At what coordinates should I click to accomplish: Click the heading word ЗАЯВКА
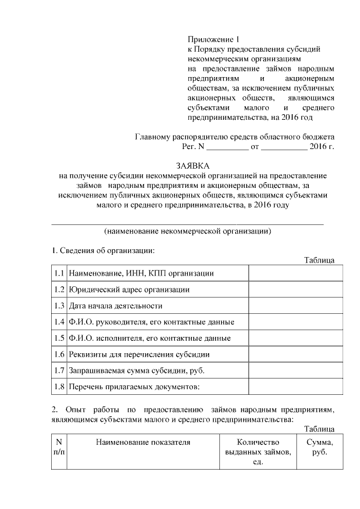pyautogui.click(x=193, y=166)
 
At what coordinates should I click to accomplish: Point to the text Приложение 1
pyautogui.click(x=213, y=39)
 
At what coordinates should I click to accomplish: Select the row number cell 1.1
pyautogui.click(x=59, y=273)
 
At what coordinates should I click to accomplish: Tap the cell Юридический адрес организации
pyautogui.click(x=129, y=290)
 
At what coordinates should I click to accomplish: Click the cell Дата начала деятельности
pyautogui.click(x=116, y=306)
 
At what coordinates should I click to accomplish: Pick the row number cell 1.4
pyautogui.click(x=59, y=322)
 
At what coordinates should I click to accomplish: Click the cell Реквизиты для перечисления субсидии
pyautogui.click(x=139, y=355)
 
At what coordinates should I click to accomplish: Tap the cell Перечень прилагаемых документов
pyautogui.click(x=134, y=388)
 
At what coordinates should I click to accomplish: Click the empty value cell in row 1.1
pyautogui.click(x=295, y=273)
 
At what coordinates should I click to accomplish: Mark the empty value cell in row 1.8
pyautogui.click(x=295, y=388)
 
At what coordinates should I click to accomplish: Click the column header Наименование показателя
pyautogui.click(x=143, y=442)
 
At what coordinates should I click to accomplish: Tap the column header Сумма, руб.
pyautogui.click(x=319, y=447)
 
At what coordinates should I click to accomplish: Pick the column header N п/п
pyautogui.click(x=59, y=447)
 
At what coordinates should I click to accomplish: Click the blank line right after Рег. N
pyautogui.click(x=228, y=148)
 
